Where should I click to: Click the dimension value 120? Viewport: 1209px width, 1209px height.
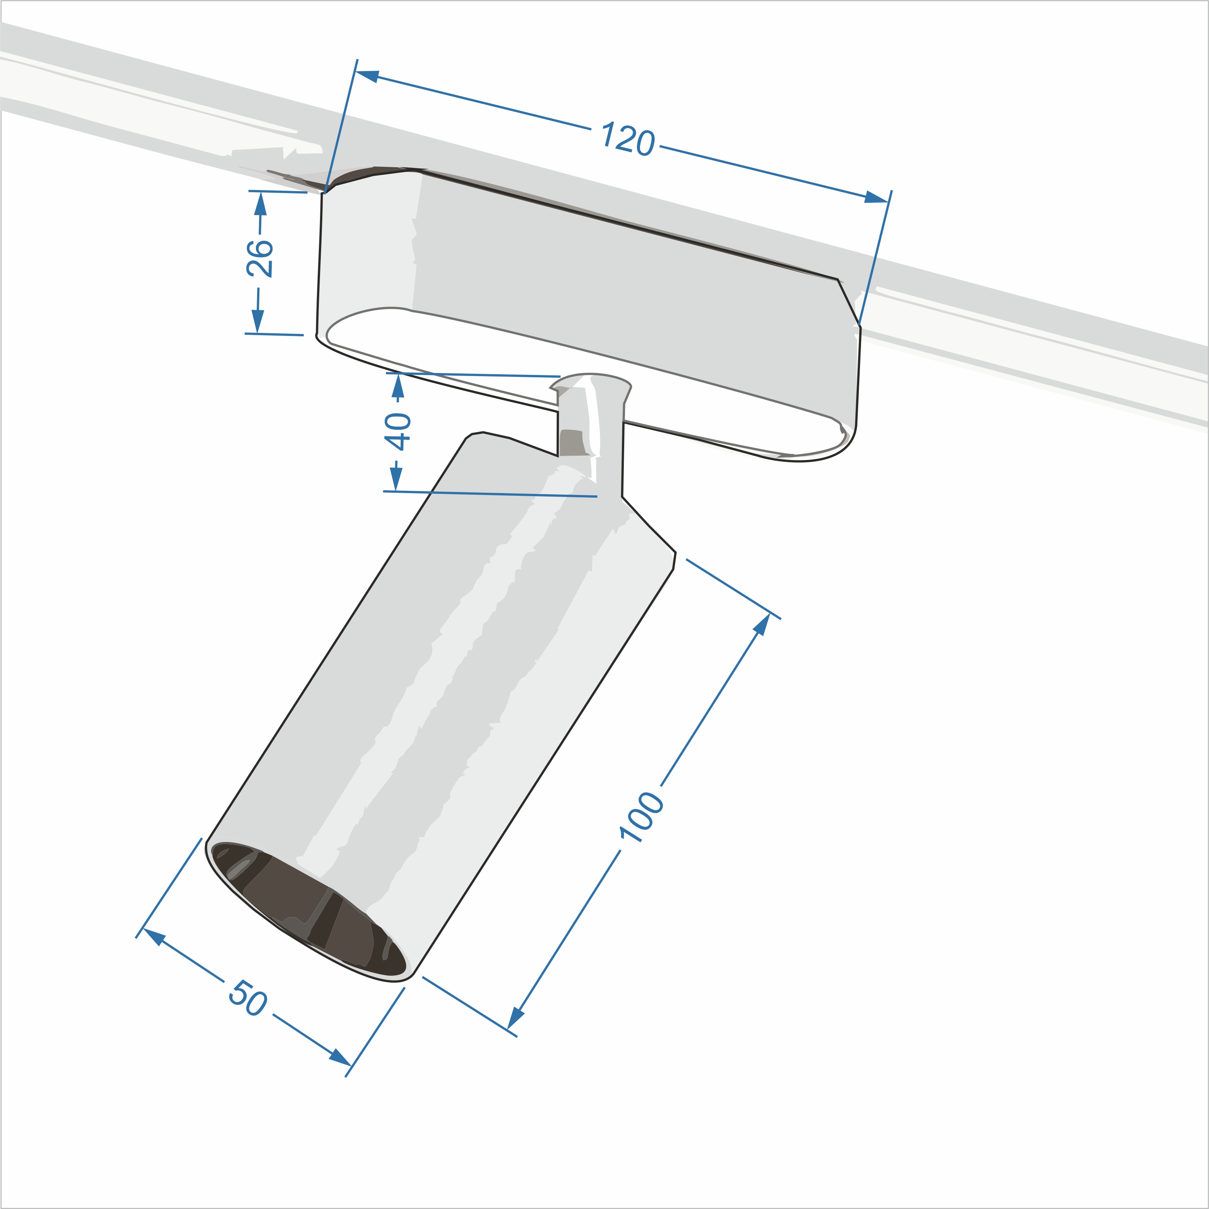628,139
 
